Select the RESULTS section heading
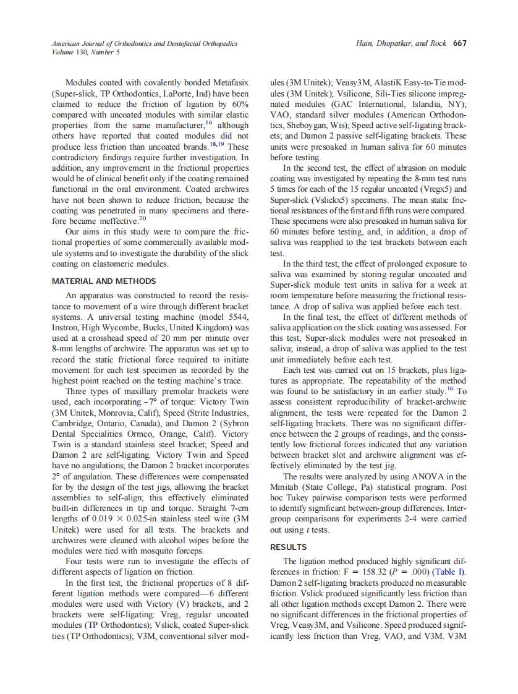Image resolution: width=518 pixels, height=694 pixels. (289, 547)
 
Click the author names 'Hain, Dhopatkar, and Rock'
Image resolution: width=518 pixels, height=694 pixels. (402, 43)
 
